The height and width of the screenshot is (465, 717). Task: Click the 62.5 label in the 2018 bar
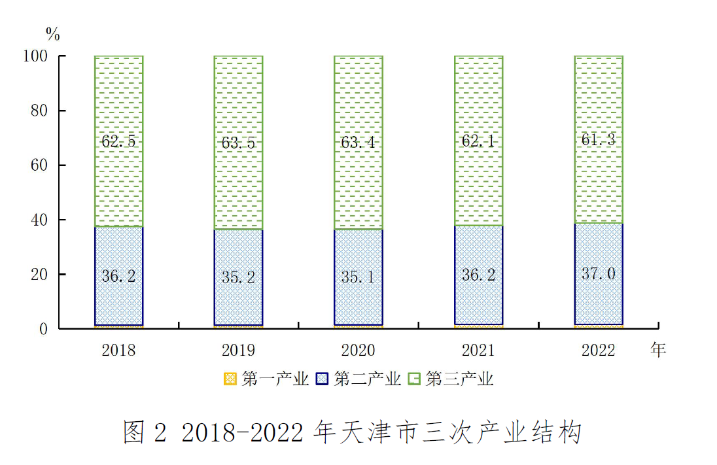(x=118, y=141)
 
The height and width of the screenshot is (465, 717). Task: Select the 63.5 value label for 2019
(x=239, y=142)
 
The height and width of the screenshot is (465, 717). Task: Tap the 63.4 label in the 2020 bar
(x=358, y=141)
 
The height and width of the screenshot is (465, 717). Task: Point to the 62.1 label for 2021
(x=479, y=140)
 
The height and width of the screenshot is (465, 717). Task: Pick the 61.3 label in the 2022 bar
(x=599, y=139)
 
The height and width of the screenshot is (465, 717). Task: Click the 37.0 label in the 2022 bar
(x=599, y=273)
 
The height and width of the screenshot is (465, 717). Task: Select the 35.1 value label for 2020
(x=358, y=277)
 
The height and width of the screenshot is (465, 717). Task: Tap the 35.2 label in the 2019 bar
(x=239, y=277)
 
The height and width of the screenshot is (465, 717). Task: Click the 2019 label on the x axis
(x=239, y=351)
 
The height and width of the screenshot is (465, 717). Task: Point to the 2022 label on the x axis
(x=599, y=351)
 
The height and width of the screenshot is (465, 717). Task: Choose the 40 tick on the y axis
(x=39, y=220)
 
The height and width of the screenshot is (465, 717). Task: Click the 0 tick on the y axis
(x=44, y=329)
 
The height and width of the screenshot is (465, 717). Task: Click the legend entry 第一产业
(x=267, y=379)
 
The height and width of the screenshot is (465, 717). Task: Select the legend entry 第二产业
(x=359, y=379)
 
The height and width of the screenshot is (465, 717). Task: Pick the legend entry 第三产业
(x=451, y=379)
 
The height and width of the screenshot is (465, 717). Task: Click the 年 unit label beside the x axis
(x=658, y=351)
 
